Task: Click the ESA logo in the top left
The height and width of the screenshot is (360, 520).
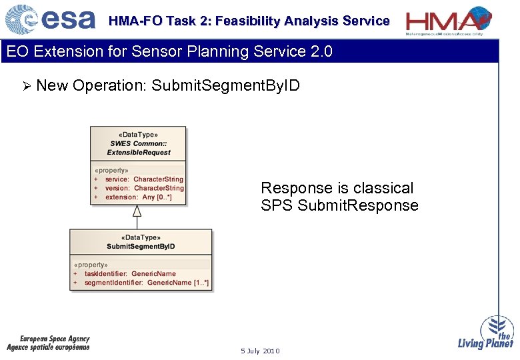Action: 50,19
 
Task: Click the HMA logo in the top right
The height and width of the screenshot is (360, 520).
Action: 449,20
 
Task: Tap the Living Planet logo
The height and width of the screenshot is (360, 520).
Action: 486,333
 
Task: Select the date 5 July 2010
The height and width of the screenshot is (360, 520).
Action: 260,351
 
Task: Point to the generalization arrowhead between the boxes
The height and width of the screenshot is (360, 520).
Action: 137,211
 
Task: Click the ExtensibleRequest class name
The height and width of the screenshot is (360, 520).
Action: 139,152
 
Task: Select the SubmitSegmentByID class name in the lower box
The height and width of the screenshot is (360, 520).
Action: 141,246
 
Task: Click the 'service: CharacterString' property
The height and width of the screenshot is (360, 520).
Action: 144,179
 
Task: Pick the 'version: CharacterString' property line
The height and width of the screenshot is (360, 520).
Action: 144,188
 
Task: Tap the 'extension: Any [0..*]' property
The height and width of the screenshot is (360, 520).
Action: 138,197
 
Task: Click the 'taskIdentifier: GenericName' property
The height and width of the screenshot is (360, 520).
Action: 130,273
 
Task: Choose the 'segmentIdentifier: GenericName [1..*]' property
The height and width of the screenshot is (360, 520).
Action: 146,283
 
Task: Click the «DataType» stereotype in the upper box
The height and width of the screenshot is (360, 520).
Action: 139,134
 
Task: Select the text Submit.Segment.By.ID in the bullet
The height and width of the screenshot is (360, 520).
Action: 225,85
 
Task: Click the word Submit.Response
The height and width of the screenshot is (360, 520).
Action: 358,205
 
